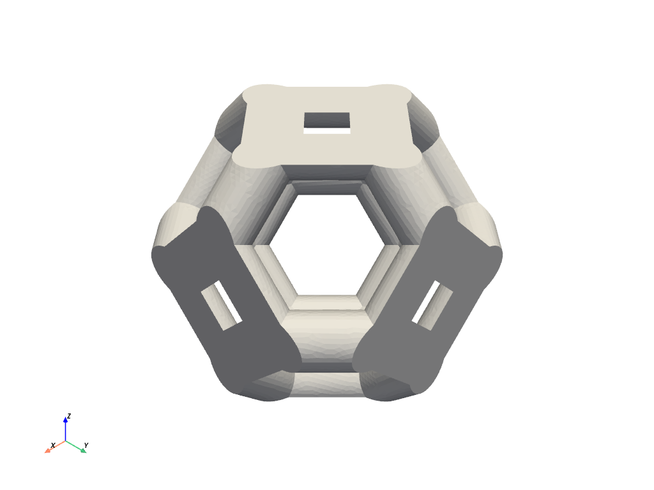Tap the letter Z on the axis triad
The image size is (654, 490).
pos(69,416)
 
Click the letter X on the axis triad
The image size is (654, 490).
pos(53,445)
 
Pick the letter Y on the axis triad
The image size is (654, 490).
pos(86,445)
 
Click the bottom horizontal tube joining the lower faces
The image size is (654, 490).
pos(327,383)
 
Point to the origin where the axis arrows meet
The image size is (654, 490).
pos(66,441)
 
